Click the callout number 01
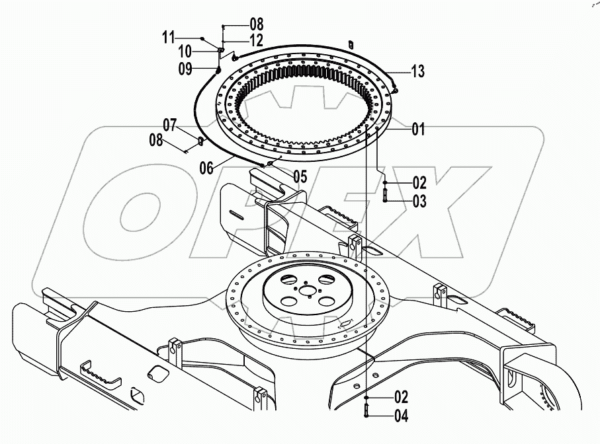click(418, 129)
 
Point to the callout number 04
click(401, 416)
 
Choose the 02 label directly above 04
click(401, 398)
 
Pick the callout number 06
click(171, 124)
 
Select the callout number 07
click(156, 139)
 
